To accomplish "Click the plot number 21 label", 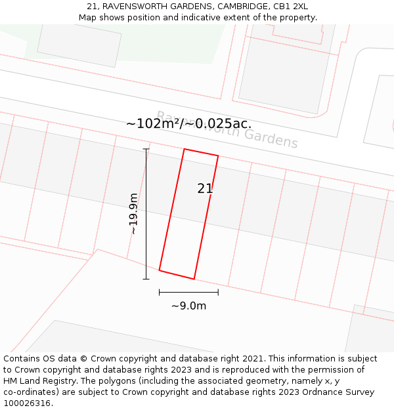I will point(205,189).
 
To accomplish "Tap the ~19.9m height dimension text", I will point(133,214).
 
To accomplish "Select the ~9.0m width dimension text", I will point(188,306).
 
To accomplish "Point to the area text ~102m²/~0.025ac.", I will point(188,123).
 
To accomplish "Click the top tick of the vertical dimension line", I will point(146,149).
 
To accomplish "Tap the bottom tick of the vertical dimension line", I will point(146,279).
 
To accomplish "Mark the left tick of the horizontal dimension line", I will point(160,292).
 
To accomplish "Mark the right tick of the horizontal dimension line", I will point(218,292).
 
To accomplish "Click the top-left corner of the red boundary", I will point(184,149).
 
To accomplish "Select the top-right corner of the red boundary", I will point(218,156).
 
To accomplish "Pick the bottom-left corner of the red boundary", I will point(160,270).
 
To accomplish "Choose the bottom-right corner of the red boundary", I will point(194,279).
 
